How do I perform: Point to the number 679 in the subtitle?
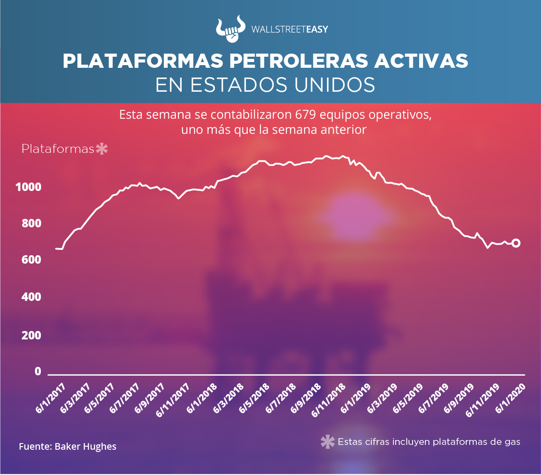pyautogui.click(x=305, y=115)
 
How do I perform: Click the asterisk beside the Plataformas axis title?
pyautogui.click(x=102, y=149)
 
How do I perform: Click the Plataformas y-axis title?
pyautogui.click(x=58, y=149)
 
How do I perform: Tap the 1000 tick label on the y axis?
pyautogui.click(x=28, y=187)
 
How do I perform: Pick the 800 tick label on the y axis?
pyautogui.click(x=31, y=223)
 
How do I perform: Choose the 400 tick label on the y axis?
pyautogui.click(x=31, y=297)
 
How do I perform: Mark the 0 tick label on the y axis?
pyautogui.click(x=38, y=371)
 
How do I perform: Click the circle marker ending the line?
pyautogui.click(x=516, y=243)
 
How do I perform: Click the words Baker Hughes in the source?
pyautogui.click(x=86, y=446)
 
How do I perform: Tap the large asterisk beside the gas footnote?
pyautogui.click(x=327, y=442)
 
